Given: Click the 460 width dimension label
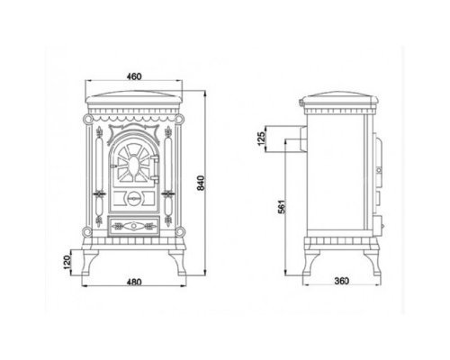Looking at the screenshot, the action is [134, 76].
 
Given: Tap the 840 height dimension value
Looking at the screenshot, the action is [201, 183].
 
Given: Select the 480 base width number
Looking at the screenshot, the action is [134, 283].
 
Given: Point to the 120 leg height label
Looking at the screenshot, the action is [67, 262].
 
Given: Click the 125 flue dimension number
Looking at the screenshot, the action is [262, 139].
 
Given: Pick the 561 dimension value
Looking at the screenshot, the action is [282, 206].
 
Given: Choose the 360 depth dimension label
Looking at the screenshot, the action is [342, 281].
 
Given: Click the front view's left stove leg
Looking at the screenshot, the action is [89, 263].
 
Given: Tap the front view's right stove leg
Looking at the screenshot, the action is [177, 263].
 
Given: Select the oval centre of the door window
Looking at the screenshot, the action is [133, 166].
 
